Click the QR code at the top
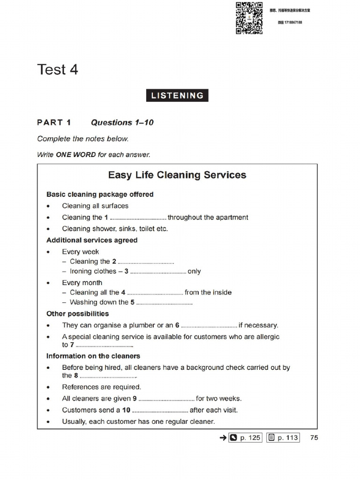point(249,18)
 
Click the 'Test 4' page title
point(58,70)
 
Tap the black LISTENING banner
point(177,96)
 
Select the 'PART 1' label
point(54,122)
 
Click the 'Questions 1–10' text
point(122,122)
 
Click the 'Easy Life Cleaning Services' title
point(177,175)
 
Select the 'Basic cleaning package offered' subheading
point(100,194)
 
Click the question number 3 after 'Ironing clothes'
point(126,271)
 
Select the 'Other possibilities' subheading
point(77,314)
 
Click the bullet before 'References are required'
point(49,387)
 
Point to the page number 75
point(314,438)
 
